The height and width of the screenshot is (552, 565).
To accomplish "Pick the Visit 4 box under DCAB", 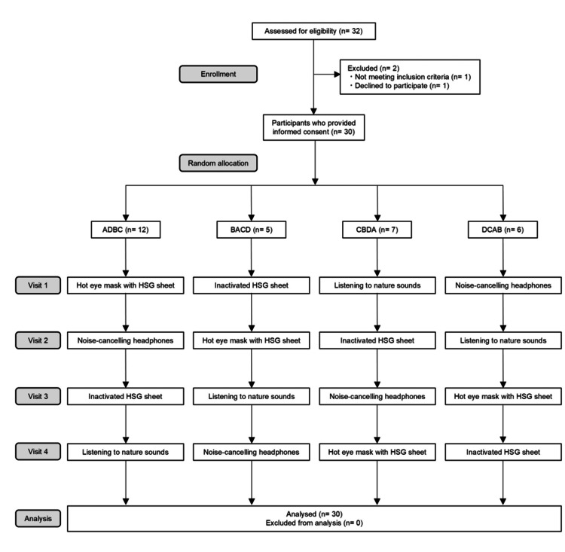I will click(501, 451).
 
